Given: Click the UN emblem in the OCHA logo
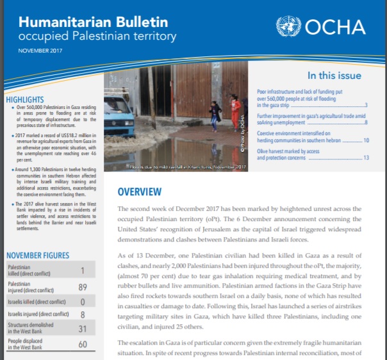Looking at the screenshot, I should coord(289,26).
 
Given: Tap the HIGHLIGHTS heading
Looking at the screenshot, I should coord(25,100).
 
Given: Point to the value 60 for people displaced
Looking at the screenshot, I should coord(83,344).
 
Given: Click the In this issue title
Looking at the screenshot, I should coord(334,75).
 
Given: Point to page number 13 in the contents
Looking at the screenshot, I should coord(366,158).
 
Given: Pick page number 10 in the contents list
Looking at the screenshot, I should coord(366,140).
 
